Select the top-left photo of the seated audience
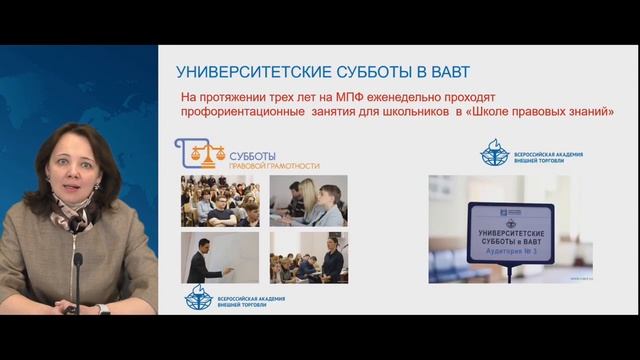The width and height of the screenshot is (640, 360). pos(219,201)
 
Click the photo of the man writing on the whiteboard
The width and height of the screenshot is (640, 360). pos(219,258)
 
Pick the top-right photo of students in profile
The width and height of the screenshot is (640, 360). pos(308,201)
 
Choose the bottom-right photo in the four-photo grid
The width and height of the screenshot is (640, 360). pos(308,258)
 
